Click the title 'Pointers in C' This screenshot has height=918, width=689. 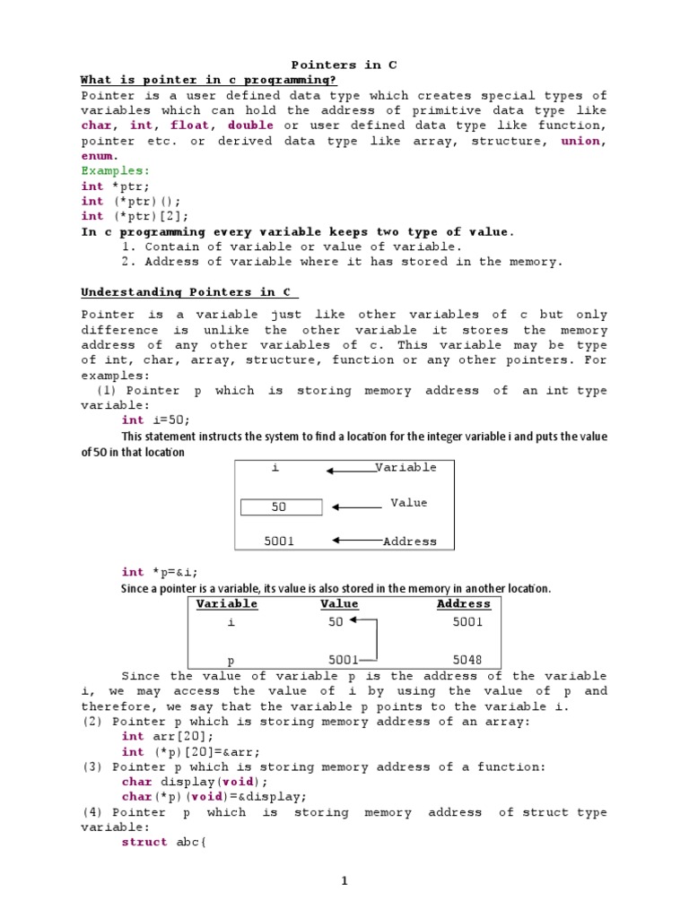click(x=344, y=65)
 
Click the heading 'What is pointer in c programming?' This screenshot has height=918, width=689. click(x=209, y=81)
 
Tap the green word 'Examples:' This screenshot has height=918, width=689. click(x=116, y=170)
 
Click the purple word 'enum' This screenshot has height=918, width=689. click(x=99, y=156)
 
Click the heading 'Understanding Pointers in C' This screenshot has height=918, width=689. click(x=189, y=292)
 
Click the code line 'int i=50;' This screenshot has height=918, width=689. click(x=156, y=420)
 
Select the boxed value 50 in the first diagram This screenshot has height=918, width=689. click(x=280, y=507)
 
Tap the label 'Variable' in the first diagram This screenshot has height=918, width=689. click(x=406, y=467)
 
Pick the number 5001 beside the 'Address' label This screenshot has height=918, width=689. click(x=279, y=541)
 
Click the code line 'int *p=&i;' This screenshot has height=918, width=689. click(x=160, y=572)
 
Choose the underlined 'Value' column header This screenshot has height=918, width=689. click(x=339, y=604)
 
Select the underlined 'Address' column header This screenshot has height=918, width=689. click(x=464, y=604)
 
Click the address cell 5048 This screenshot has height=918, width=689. click(x=467, y=660)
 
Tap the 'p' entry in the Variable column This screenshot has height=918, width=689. click(x=231, y=660)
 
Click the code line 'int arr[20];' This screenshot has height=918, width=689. click(x=168, y=737)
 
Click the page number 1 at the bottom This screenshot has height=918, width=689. click(x=344, y=881)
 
